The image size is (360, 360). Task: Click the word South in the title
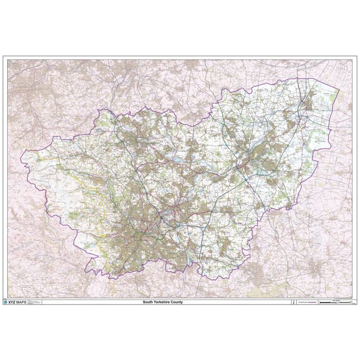point(148,302)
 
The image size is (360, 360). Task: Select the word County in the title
point(176,302)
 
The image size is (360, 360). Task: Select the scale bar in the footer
point(335,303)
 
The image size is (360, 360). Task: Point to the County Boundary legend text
point(299,302)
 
